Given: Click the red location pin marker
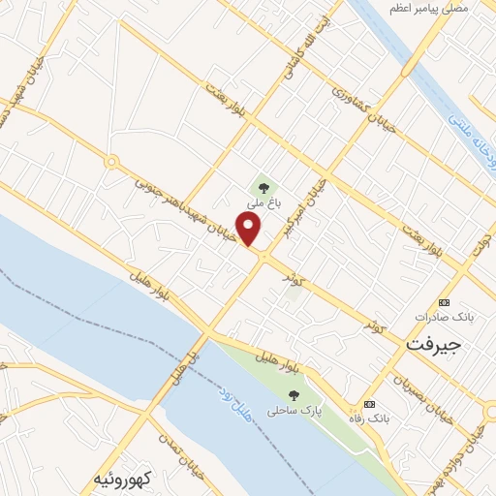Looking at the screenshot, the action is click(x=250, y=230).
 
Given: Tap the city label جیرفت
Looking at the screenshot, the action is click(x=434, y=344).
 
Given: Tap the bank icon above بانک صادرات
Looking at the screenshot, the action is click(x=445, y=302).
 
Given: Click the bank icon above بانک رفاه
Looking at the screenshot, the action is click(x=368, y=404).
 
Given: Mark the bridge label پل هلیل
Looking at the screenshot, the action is click(x=193, y=358).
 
